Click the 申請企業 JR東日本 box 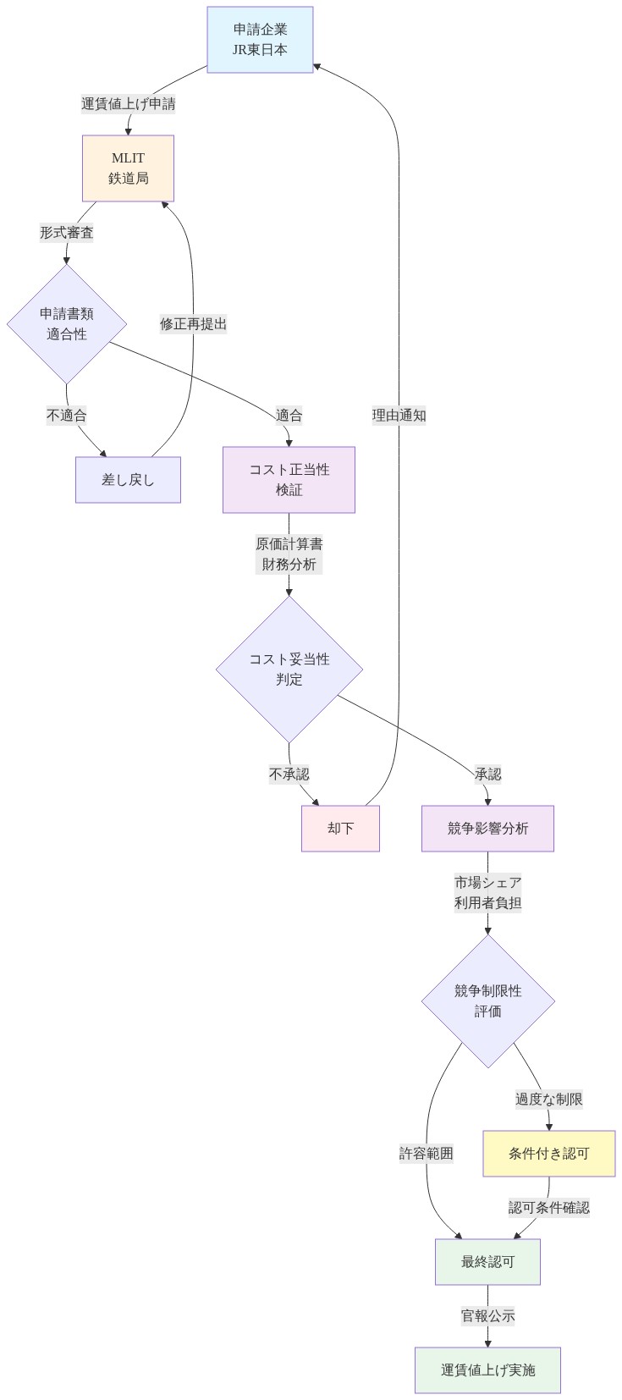(x=260, y=40)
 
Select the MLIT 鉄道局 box (x=128, y=168)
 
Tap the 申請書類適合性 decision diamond (x=67, y=324)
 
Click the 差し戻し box (x=128, y=480)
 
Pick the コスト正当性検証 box (x=289, y=480)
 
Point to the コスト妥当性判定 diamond (x=289, y=670)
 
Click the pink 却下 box (x=340, y=828)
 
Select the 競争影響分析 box (x=487, y=828)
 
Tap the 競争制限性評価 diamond (x=488, y=1001)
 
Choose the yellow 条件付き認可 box (x=548, y=1154)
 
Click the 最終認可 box (x=487, y=1262)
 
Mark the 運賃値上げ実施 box (x=487, y=1370)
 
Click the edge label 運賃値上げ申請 (x=129, y=104)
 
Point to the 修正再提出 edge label (x=193, y=324)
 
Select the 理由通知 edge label (x=399, y=416)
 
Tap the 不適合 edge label (x=67, y=416)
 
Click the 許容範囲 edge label (x=427, y=1154)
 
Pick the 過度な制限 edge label (x=548, y=1100)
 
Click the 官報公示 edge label (x=487, y=1316)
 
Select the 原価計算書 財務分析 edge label (x=289, y=554)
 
